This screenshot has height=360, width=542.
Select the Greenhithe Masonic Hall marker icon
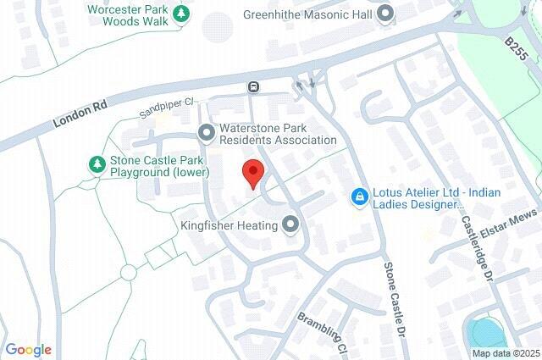[386, 14]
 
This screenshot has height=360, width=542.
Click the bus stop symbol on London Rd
[252, 86]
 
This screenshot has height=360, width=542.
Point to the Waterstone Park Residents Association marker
[206, 133]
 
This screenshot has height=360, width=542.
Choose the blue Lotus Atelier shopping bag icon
[359, 197]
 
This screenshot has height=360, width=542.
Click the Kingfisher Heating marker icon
[291, 225]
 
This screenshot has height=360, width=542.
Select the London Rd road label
[80, 111]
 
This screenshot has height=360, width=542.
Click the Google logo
[28, 350]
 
